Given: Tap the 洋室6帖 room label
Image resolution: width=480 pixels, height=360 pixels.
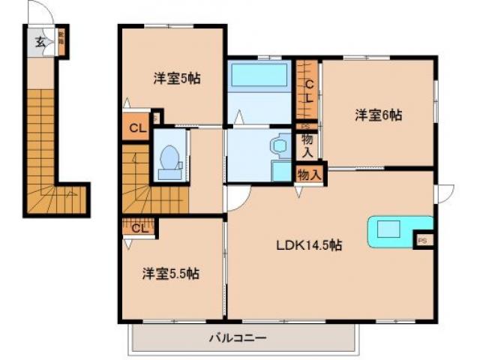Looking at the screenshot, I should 379,115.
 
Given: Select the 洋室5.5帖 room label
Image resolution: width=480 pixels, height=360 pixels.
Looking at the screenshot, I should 171,273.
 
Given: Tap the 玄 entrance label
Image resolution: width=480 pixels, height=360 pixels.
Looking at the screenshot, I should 39,42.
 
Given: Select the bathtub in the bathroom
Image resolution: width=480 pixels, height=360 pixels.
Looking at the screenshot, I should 259,76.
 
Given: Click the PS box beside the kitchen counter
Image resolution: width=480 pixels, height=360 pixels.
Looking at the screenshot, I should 423,241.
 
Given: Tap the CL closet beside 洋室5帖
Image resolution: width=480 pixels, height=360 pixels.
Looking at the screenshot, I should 136,127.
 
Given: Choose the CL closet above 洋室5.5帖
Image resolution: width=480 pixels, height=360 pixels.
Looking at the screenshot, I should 139,227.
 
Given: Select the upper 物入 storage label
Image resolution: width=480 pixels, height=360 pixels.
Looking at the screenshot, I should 307,142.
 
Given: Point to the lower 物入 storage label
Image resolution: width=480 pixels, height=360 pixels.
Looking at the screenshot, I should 310,174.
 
